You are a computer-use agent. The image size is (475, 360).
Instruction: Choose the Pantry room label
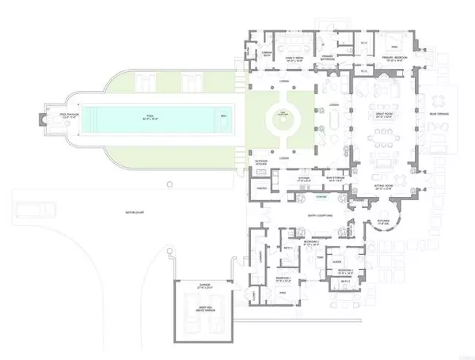coord(258,189)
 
